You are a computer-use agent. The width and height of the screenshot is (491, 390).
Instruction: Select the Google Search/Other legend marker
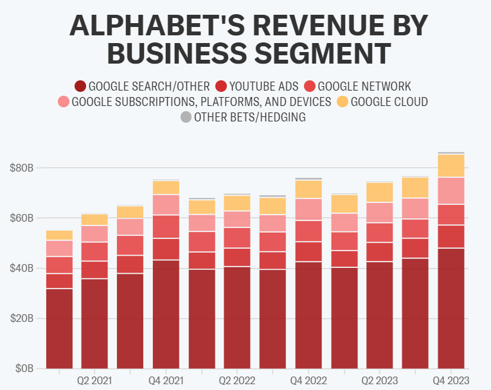coord(80,86)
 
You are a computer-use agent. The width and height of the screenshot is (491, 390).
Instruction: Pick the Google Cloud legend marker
coord(342,102)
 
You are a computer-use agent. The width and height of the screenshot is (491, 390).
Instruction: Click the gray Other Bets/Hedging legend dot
coord(186,117)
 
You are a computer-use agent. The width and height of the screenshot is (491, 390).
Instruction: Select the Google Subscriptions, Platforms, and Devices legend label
coord(201,102)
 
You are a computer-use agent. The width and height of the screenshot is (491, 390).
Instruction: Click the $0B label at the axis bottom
coord(24,369)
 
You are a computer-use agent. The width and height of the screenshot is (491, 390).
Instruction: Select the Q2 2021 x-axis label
coord(94,381)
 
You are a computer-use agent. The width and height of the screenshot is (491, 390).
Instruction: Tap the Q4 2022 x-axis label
coord(308,381)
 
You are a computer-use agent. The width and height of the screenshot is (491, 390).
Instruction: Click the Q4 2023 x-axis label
coord(451,381)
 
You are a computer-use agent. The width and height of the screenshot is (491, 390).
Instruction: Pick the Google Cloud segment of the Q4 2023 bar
coord(451,166)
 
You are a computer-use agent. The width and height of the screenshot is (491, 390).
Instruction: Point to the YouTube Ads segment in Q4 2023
coord(451,236)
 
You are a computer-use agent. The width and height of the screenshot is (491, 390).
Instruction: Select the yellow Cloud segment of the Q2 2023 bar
coord(380,192)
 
